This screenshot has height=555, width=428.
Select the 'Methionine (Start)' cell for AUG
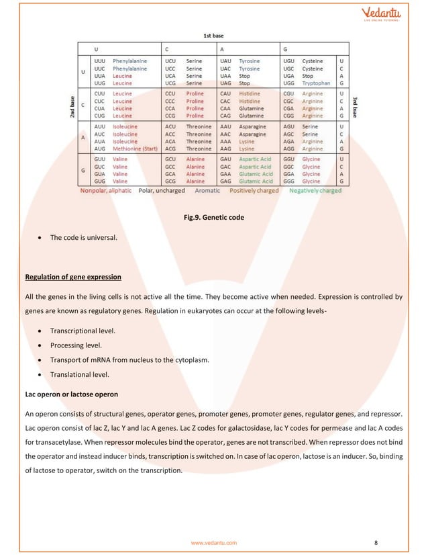[x=135, y=148]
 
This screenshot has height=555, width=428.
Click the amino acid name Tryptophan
[x=315, y=83]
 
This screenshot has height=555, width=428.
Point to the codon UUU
[x=100, y=61]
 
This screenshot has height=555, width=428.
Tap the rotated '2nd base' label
[x=72, y=106]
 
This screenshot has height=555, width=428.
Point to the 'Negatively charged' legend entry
[x=315, y=190]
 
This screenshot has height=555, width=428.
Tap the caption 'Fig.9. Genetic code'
[x=214, y=218]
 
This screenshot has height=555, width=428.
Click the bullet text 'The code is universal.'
[x=84, y=238]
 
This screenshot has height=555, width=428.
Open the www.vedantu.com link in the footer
[x=214, y=542]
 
